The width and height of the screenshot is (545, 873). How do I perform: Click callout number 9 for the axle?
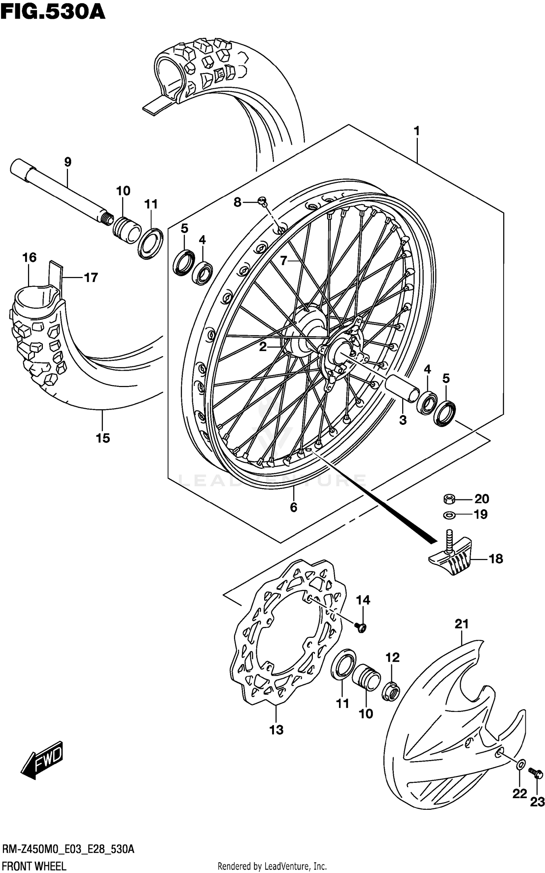click(x=68, y=162)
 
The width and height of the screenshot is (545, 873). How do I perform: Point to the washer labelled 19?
click(x=449, y=515)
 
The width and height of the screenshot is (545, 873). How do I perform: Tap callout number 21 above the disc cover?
click(x=461, y=624)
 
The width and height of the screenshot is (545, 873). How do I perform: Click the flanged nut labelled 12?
click(x=391, y=692)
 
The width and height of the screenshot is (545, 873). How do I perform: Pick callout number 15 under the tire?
click(x=103, y=438)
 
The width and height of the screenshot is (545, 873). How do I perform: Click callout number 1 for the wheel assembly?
click(x=417, y=131)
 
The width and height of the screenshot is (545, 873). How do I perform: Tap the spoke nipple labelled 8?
click(x=262, y=200)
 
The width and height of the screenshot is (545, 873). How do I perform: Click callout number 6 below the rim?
click(x=294, y=507)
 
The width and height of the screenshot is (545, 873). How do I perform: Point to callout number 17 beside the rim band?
click(x=91, y=278)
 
